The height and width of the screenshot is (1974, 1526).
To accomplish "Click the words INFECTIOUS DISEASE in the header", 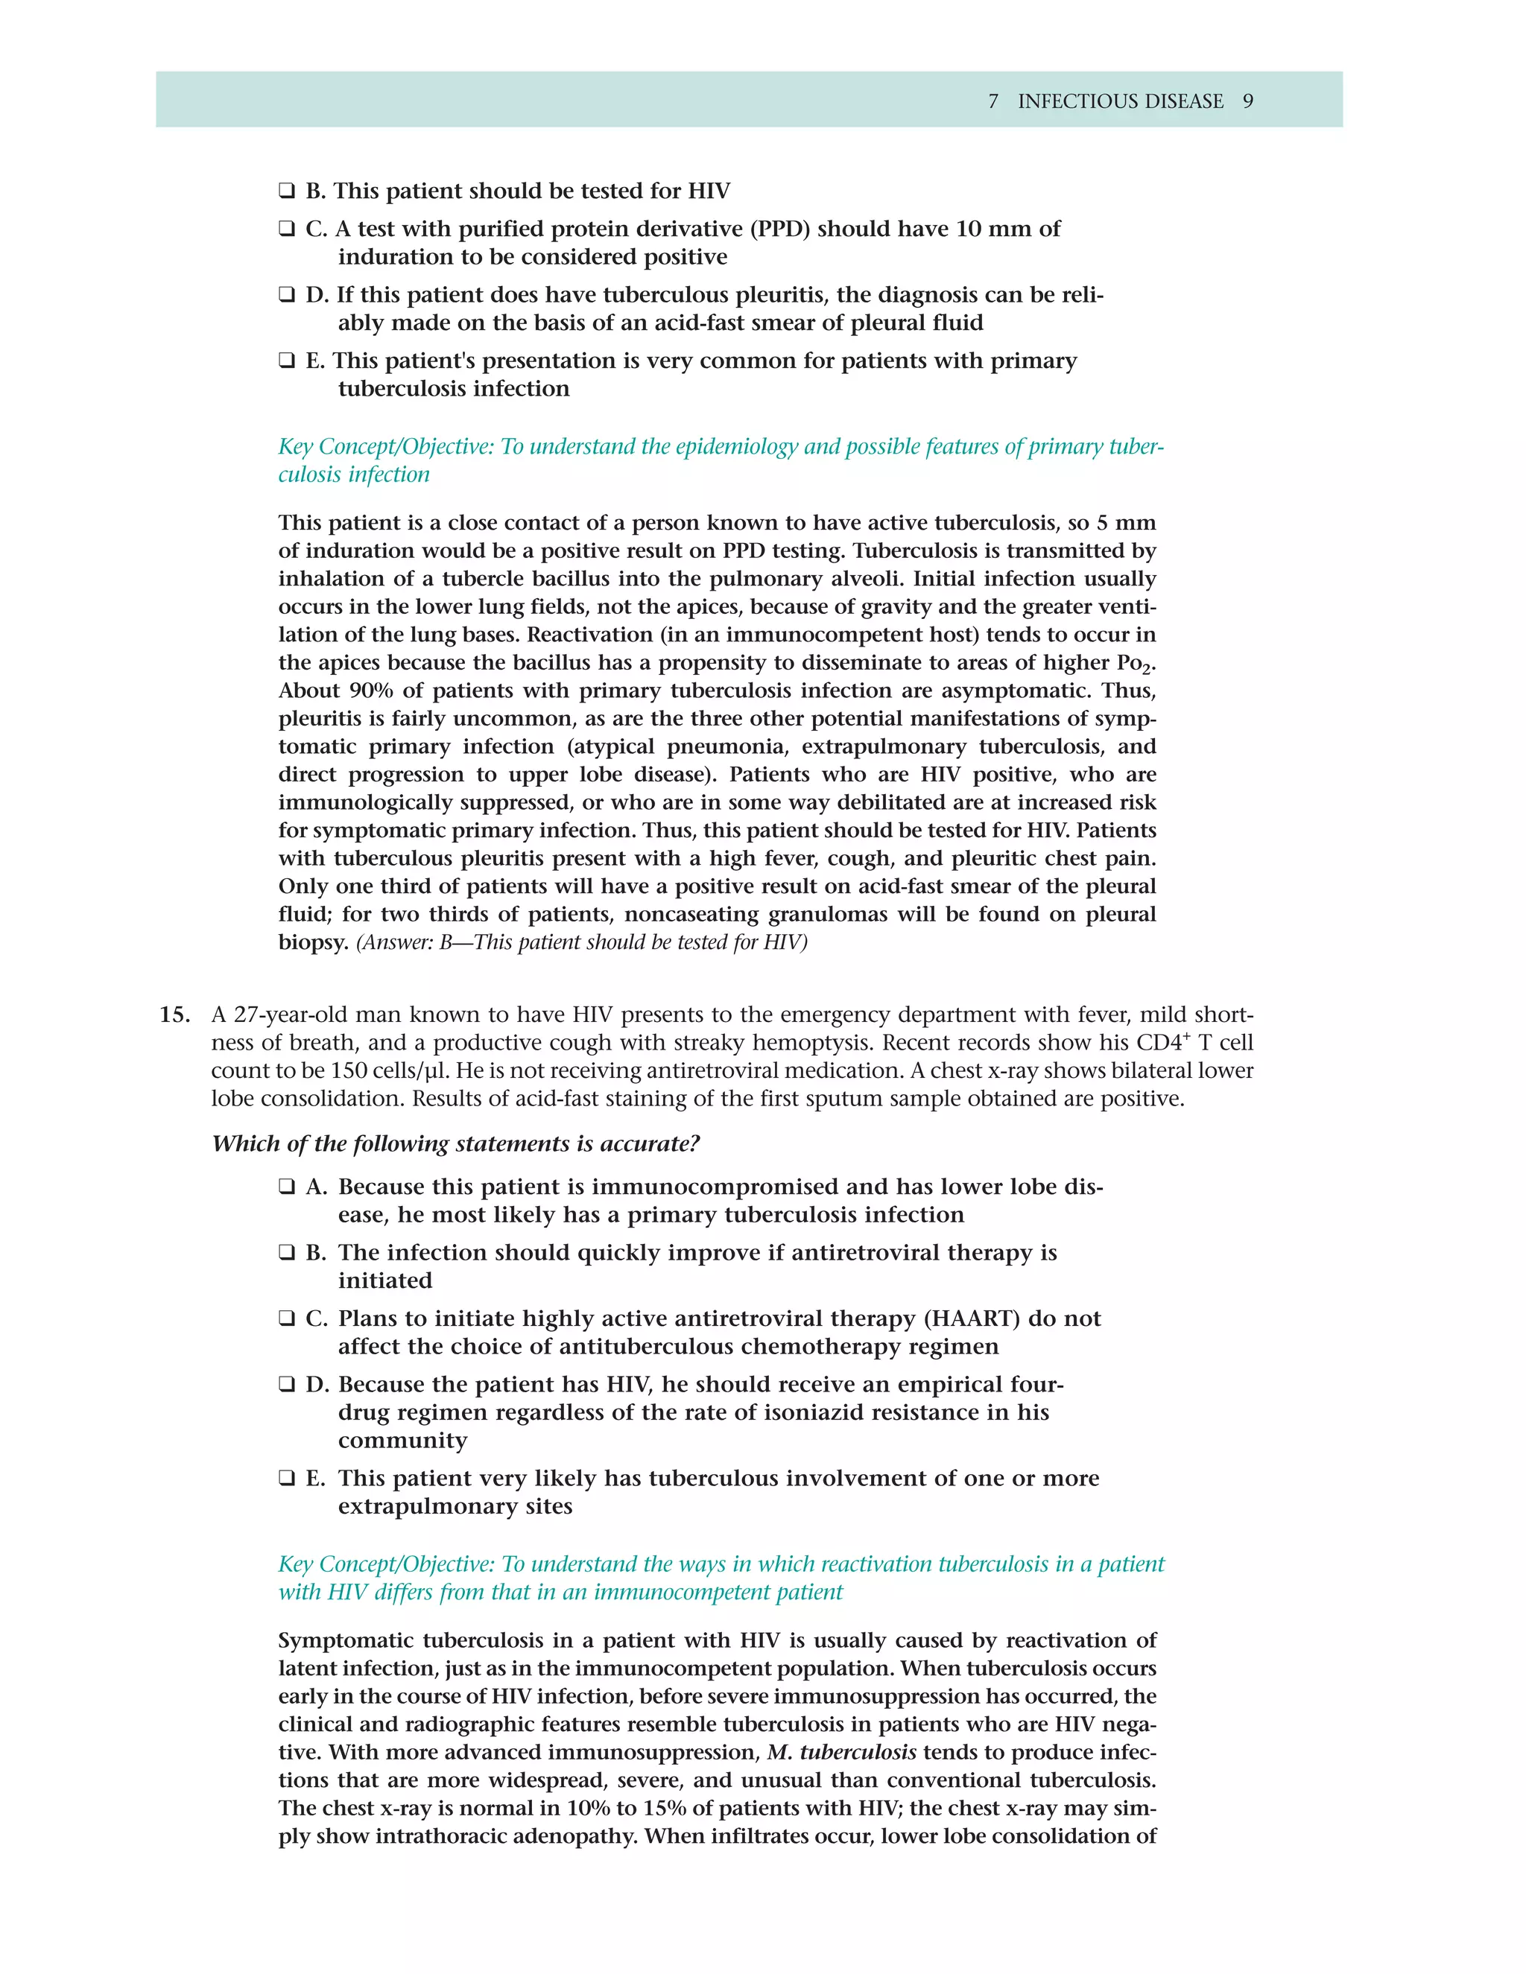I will [x=1120, y=101].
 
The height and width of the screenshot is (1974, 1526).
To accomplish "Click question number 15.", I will [x=174, y=1015].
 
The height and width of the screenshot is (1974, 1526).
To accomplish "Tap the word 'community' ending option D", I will [x=402, y=1441].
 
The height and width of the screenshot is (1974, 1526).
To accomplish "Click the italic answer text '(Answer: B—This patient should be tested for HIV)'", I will [x=581, y=943].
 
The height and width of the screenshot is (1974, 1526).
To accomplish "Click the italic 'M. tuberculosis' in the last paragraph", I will [x=840, y=1753].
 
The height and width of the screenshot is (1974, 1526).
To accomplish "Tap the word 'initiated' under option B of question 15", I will [x=385, y=1280].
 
